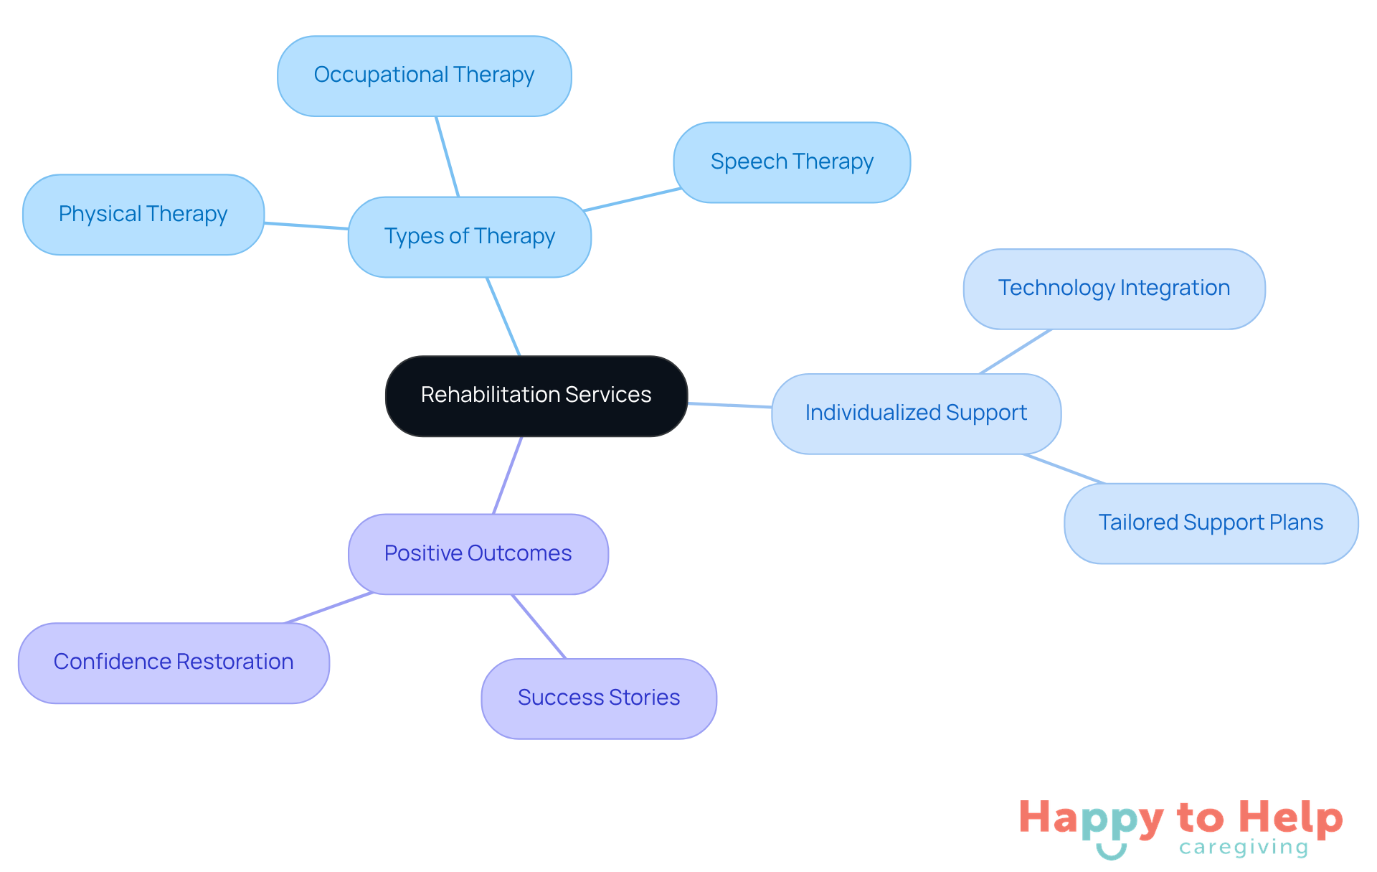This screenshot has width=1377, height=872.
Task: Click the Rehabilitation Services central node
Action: pos(536,395)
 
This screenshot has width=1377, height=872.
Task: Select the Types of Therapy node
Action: pos(470,237)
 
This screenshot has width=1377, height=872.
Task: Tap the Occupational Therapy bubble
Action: pos(424,75)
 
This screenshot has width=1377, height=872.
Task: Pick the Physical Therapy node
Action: pos(143,215)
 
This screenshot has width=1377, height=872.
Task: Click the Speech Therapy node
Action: pos(792,162)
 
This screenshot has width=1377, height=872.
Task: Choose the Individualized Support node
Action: pos(916,413)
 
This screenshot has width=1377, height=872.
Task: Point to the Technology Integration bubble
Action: pos(1114,289)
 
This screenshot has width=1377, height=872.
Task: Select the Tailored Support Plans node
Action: pos(1211,523)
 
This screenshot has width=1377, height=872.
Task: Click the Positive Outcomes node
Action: pos(478,553)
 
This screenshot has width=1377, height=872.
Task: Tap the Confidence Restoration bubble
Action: pos(174,662)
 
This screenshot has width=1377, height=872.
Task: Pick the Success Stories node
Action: pos(599,698)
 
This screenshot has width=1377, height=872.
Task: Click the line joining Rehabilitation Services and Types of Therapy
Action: pos(503,317)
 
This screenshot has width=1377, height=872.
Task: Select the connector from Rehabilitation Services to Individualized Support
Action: pos(729,405)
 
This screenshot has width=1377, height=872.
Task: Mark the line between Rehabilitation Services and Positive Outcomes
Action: pos(508,475)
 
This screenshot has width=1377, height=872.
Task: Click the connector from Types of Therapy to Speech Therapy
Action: pos(632,200)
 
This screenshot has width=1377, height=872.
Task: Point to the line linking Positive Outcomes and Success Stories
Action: pos(539,626)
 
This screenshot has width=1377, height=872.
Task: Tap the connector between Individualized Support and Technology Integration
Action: pos(1016,352)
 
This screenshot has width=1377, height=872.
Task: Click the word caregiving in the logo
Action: pos(1244,848)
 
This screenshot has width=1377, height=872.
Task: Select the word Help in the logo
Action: pos(1291,817)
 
